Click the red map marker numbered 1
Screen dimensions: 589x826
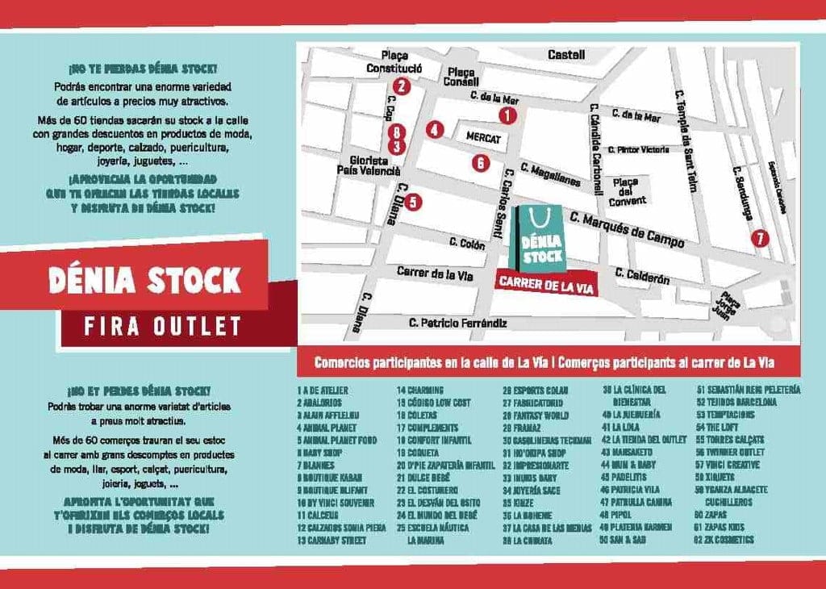[x=507, y=115]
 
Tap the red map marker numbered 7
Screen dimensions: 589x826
[x=758, y=238]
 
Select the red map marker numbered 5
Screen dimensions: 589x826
[x=412, y=203]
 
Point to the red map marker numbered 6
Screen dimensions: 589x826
[x=481, y=163]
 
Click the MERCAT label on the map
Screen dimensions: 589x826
[x=483, y=138]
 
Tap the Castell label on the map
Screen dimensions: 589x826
[x=566, y=55]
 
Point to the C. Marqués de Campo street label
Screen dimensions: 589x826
[x=627, y=230]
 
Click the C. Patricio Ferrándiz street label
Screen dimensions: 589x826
[x=457, y=323]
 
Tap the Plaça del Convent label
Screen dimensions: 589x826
[x=627, y=191]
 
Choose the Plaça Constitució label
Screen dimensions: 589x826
[x=394, y=62]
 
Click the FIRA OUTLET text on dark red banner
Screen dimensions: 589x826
[x=163, y=325]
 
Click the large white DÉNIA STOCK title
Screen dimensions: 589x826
[x=145, y=279]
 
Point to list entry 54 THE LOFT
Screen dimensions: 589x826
[x=722, y=428]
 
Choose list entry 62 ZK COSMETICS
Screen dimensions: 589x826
[x=729, y=539]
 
